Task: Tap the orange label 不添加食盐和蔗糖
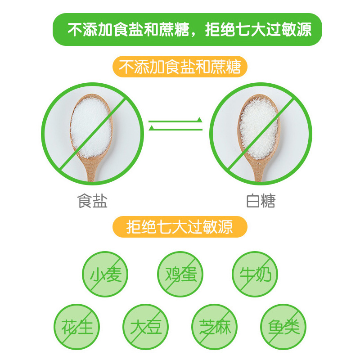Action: pyautogui.click(x=180, y=67)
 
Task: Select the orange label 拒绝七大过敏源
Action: pyautogui.click(x=180, y=227)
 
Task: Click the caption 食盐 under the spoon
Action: pyautogui.click(x=93, y=201)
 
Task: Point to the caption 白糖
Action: pyautogui.click(x=261, y=201)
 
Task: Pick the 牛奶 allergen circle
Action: pyautogui.click(x=255, y=274)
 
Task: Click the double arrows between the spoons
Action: pyautogui.click(x=175, y=125)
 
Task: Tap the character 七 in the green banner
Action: pyautogui.click(x=246, y=30)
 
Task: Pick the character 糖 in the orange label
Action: pyautogui.click(x=233, y=67)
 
